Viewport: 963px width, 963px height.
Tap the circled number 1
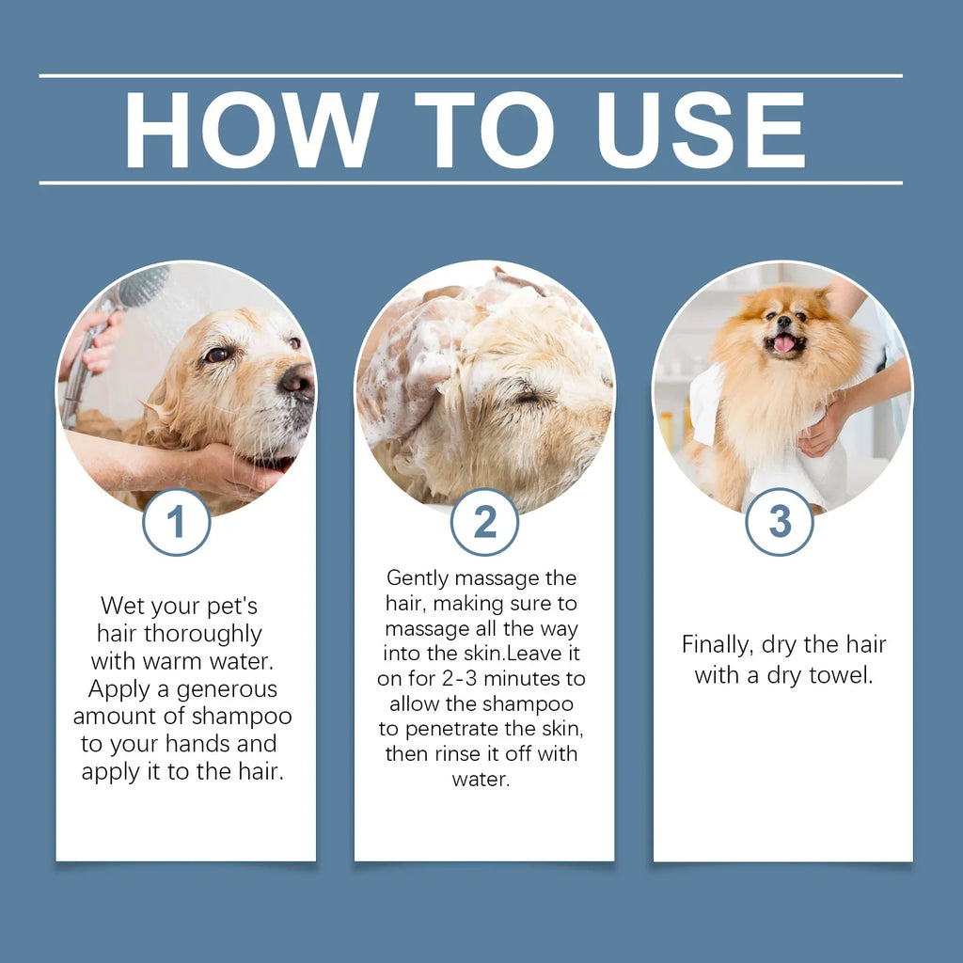(x=176, y=522)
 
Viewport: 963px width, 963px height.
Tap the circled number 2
(x=484, y=522)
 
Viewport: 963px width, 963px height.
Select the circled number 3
(x=780, y=522)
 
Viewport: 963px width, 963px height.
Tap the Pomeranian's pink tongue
(x=782, y=344)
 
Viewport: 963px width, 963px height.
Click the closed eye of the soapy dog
(x=529, y=397)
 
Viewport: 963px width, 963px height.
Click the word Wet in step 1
(x=123, y=605)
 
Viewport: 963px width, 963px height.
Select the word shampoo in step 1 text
(x=243, y=716)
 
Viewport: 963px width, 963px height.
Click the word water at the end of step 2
(x=481, y=779)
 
